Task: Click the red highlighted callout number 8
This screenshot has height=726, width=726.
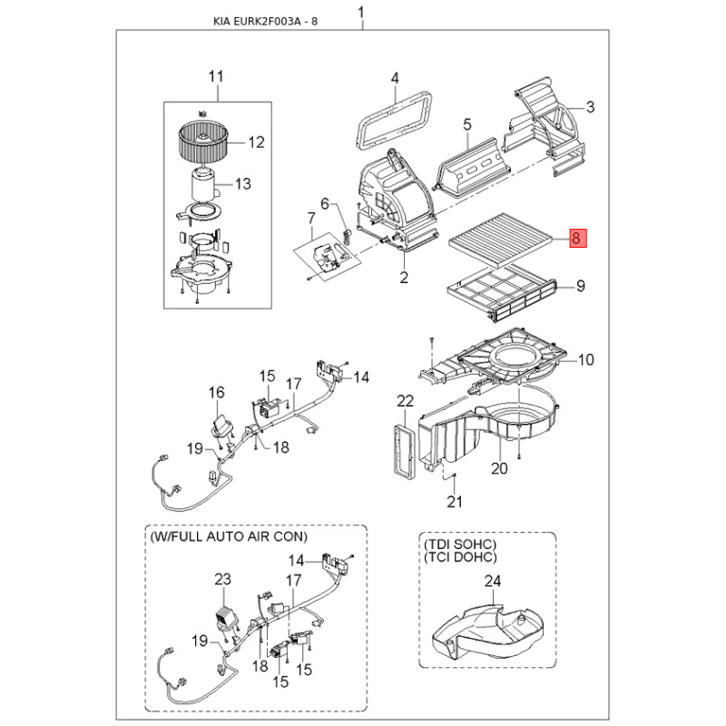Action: pos(577,239)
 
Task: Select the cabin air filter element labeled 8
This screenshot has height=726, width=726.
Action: pos(500,240)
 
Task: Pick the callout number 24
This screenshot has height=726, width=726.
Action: pos(493,581)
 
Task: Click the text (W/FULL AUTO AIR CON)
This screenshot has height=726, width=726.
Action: pos(229,537)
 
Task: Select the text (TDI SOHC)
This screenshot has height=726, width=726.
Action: pos(460,544)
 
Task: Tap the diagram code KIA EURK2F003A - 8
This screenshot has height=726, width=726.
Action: pos(265,21)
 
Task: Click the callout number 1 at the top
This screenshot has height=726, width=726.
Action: pos(361,13)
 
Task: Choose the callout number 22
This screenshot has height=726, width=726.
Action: pos(405,401)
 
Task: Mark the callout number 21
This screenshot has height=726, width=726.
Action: pos(455,502)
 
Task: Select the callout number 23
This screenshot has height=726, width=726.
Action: pos(222,579)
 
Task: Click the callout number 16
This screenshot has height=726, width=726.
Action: pos(216,393)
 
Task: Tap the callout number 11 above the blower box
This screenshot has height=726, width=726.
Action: pos(216,76)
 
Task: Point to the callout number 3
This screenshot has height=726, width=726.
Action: pos(590,107)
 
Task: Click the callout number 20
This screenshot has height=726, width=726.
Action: pos(499,468)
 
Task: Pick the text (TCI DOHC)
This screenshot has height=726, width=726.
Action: pos(460,557)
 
